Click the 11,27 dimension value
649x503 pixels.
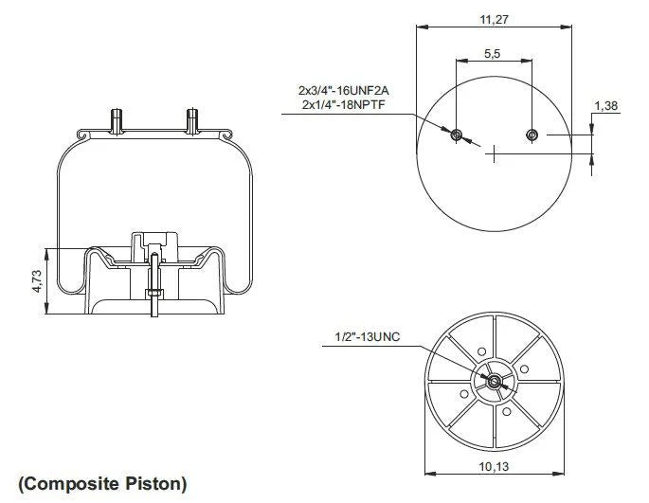pos(494,20)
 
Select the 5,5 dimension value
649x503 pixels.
pos(492,53)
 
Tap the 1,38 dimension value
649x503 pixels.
pos(606,106)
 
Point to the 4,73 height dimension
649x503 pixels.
pos(37,281)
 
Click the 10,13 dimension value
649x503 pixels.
pos(494,467)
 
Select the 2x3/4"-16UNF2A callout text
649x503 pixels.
pos(344,90)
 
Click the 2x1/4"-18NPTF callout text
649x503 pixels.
pos(344,104)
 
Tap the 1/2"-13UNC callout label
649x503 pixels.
pos(367,337)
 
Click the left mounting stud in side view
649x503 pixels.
pos(117,121)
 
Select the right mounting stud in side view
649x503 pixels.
pos(192,121)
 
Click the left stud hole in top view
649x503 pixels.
pos(457,135)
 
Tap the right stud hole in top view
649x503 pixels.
pos(532,135)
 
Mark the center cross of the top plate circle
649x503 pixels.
pos(495,154)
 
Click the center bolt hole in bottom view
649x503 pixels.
pos(493,382)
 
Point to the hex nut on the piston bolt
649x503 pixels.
pos(154,295)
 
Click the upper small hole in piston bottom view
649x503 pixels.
pos(482,351)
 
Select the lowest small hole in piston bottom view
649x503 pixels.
pos(507,411)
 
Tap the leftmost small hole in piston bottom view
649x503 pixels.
pos(464,394)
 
